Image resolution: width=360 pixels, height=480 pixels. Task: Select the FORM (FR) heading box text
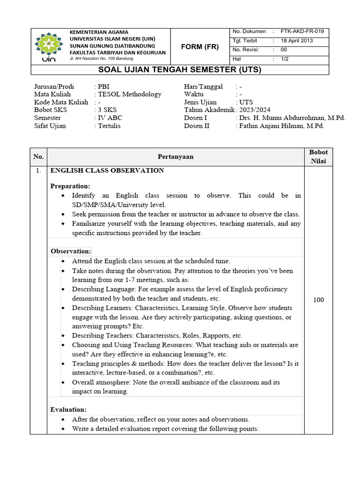point(200,46)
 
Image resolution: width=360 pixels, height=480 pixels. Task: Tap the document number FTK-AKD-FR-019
point(302,31)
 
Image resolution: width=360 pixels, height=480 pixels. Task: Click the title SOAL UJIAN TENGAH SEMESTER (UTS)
point(180,70)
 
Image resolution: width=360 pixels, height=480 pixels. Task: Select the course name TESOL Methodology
point(129,94)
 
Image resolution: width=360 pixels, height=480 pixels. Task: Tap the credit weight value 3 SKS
point(107,110)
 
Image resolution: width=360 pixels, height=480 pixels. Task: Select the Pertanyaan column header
point(175,157)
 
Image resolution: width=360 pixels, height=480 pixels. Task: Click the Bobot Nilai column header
point(318,157)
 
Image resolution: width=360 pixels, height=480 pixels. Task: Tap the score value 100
point(318,300)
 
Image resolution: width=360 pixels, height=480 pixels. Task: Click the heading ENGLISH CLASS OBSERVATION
point(107,171)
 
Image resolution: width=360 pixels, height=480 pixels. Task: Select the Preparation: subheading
point(70,186)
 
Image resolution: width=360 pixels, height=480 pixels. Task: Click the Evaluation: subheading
point(68,410)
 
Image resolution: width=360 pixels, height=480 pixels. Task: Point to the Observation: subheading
point(71,251)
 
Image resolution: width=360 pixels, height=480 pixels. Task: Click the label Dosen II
point(195,126)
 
